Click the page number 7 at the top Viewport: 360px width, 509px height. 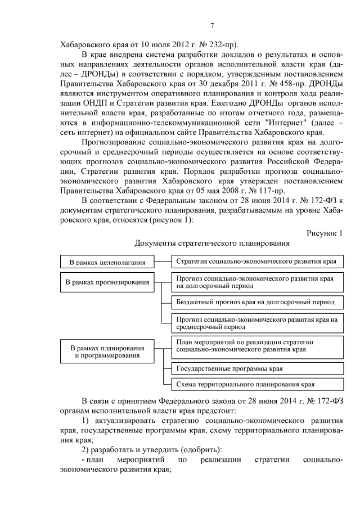212,25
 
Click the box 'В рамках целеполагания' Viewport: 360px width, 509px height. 107,262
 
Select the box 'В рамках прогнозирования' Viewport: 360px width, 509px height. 107,282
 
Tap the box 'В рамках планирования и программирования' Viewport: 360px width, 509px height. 107,352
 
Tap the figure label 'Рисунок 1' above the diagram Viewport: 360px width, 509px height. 324,233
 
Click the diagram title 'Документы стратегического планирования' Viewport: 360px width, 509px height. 212,244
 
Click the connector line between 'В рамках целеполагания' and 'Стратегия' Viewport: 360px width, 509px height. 163,262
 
